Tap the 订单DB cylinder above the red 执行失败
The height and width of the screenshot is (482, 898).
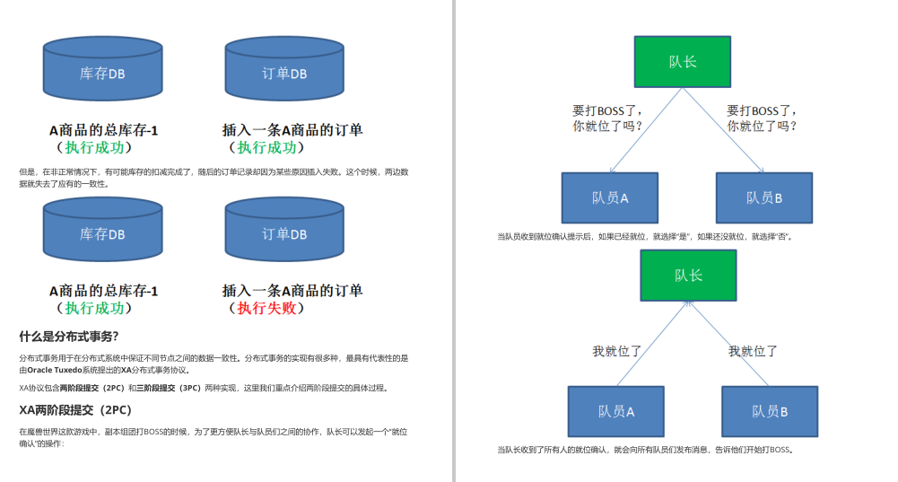[283, 234]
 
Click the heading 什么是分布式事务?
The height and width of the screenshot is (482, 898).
[69, 337]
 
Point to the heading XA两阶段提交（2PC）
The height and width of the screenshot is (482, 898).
[75, 410]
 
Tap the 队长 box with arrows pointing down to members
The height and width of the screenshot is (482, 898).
[683, 62]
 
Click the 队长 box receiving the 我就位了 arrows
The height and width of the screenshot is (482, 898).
[688, 275]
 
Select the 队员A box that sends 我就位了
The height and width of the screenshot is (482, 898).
[616, 411]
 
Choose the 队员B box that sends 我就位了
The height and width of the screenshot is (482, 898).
[770, 411]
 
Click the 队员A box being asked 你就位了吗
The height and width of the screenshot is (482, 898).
[610, 197]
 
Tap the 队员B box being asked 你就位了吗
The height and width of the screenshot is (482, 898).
[764, 197]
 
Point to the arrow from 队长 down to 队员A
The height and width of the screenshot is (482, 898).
[646, 130]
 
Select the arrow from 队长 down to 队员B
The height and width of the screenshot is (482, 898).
[723, 130]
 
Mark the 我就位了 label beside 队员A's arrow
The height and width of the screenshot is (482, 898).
[617, 352]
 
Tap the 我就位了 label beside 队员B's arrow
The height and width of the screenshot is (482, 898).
[753, 352]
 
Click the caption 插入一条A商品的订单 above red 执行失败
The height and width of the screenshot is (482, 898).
[292, 291]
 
